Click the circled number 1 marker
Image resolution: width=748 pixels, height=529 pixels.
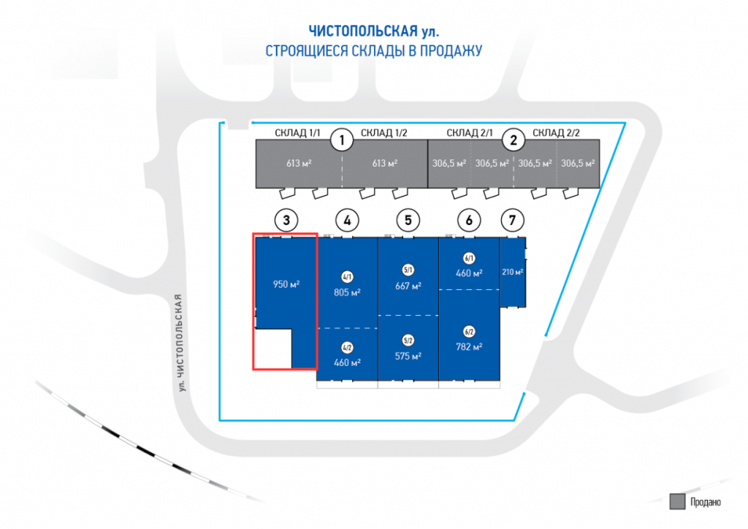[340, 139]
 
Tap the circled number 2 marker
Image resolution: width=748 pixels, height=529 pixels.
[514, 139]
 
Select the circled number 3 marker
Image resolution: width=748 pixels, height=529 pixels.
[286, 218]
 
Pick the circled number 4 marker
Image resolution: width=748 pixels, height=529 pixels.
[347, 218]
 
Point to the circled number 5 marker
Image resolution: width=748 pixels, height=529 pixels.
[408, 218]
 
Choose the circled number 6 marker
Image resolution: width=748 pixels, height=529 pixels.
[469, 218]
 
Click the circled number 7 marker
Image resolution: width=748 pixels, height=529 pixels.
[513, 218]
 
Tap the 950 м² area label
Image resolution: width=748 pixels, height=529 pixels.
[286, 283]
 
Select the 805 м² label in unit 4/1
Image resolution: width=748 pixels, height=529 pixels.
[347, 291]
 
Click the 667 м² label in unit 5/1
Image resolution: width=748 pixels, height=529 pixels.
[408, 286]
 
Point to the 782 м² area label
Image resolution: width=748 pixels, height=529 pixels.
[469, 346]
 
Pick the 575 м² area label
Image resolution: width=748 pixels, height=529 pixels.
[408, 356]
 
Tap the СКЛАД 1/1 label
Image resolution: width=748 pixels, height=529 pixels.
[298, 132]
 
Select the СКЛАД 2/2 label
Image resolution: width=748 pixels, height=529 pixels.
[556, 132]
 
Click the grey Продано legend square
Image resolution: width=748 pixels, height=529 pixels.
[676, 501]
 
